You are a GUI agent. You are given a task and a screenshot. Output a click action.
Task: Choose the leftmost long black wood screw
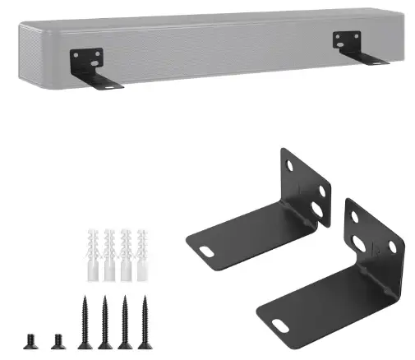[85, 320]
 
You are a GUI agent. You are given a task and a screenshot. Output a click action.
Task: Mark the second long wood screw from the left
[105, 320]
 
